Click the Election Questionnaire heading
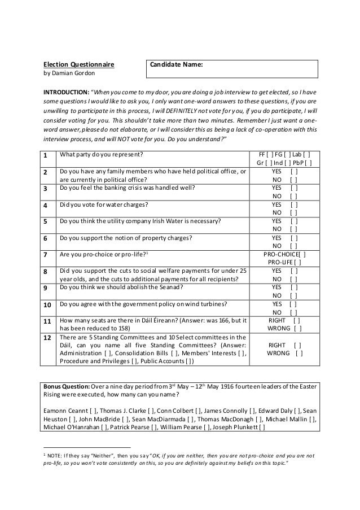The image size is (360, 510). click(79, 65)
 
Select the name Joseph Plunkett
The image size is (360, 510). click(235, 426)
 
